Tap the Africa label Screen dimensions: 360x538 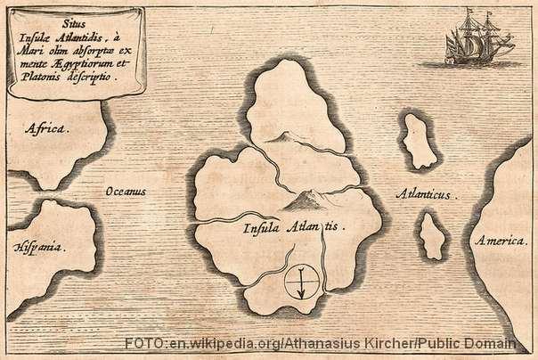[x=45, y=128]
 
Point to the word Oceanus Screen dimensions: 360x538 [x=126, y=191]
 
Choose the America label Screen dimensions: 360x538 [x=504, y=241]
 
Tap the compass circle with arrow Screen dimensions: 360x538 [x=303, y=282]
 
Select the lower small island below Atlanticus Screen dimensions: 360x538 [x=434, y=234]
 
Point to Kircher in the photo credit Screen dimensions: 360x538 [x=376, y=343]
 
